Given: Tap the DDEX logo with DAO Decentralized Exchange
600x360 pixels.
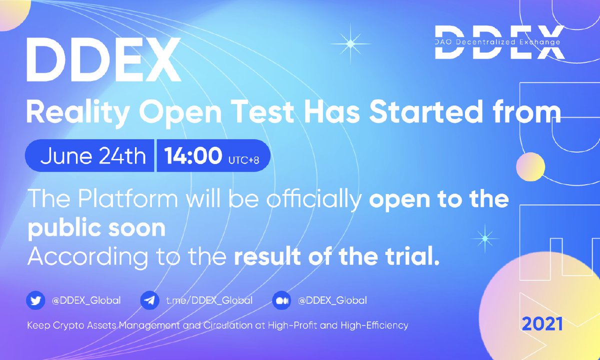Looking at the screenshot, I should pos(497,42).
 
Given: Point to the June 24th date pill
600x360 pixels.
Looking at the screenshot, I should pos(92,155).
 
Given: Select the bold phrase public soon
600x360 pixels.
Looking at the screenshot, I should pos(96,228).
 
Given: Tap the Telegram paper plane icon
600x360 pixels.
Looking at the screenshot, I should pos(147,300).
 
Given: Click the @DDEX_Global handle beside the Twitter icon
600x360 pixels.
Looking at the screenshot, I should pos(86,300).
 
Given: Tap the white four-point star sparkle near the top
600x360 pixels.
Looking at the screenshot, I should pos(350,44).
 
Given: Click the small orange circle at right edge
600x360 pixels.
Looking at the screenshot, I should pos(530,166).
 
